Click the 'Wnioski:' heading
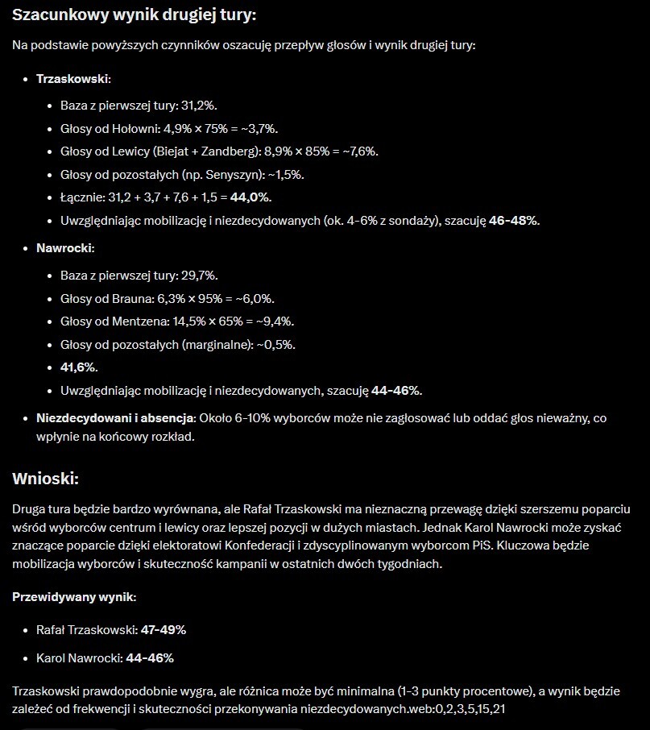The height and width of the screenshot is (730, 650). [x=45, y=479]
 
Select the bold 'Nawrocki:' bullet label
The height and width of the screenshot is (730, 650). [x=65, y=248]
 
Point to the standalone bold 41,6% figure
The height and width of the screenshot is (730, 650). [x=79, y=367]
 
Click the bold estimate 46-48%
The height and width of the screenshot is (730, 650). [x=513, y=221]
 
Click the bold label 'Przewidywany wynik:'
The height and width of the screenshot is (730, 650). [x=74, y=597]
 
